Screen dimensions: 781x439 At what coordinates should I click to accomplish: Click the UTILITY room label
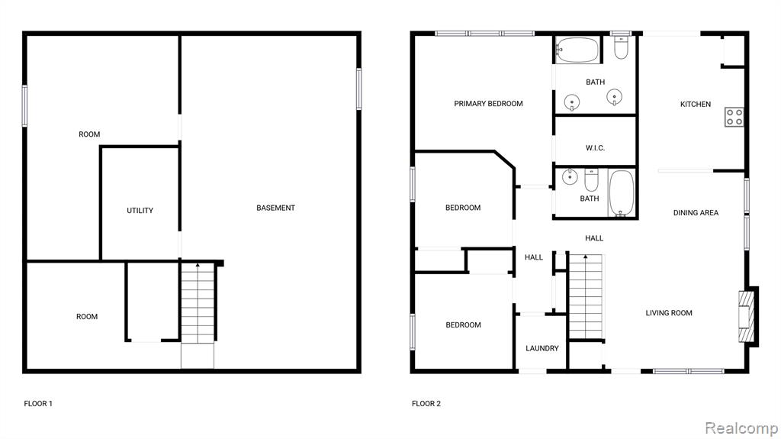(140, 211)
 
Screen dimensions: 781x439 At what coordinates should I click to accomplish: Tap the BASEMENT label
(275, 208)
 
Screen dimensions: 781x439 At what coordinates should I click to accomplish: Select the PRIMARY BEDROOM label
(488, 104)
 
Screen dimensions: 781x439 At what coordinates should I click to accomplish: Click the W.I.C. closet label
(595, 148)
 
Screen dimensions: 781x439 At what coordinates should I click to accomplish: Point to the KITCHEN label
(696, 105)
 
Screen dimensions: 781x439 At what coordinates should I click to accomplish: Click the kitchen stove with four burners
(734, 118)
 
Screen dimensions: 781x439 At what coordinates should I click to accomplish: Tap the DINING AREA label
(696, 213)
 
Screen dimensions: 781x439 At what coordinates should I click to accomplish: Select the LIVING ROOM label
(669, 313)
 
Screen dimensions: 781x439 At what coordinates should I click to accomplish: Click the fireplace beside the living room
(747, 316)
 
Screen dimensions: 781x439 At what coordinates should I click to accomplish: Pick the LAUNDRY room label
(542, 349)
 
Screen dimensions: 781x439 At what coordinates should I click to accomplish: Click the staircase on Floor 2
(586, 296)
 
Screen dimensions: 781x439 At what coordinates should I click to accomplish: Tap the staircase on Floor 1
(198, 303)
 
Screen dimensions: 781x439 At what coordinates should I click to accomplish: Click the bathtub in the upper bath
(577, 50)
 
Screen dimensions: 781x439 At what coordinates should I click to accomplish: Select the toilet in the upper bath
(621, 47)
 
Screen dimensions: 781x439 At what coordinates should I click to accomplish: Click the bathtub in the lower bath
(621, 194)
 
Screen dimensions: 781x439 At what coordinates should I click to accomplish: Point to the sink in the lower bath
(570, 176)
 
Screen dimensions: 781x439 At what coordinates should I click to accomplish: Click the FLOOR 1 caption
(38, 404)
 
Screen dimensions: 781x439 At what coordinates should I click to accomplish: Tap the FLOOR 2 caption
(426, 404)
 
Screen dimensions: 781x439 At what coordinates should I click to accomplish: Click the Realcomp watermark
(741, 428)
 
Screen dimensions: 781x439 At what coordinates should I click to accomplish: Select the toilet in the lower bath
(591, 180)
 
